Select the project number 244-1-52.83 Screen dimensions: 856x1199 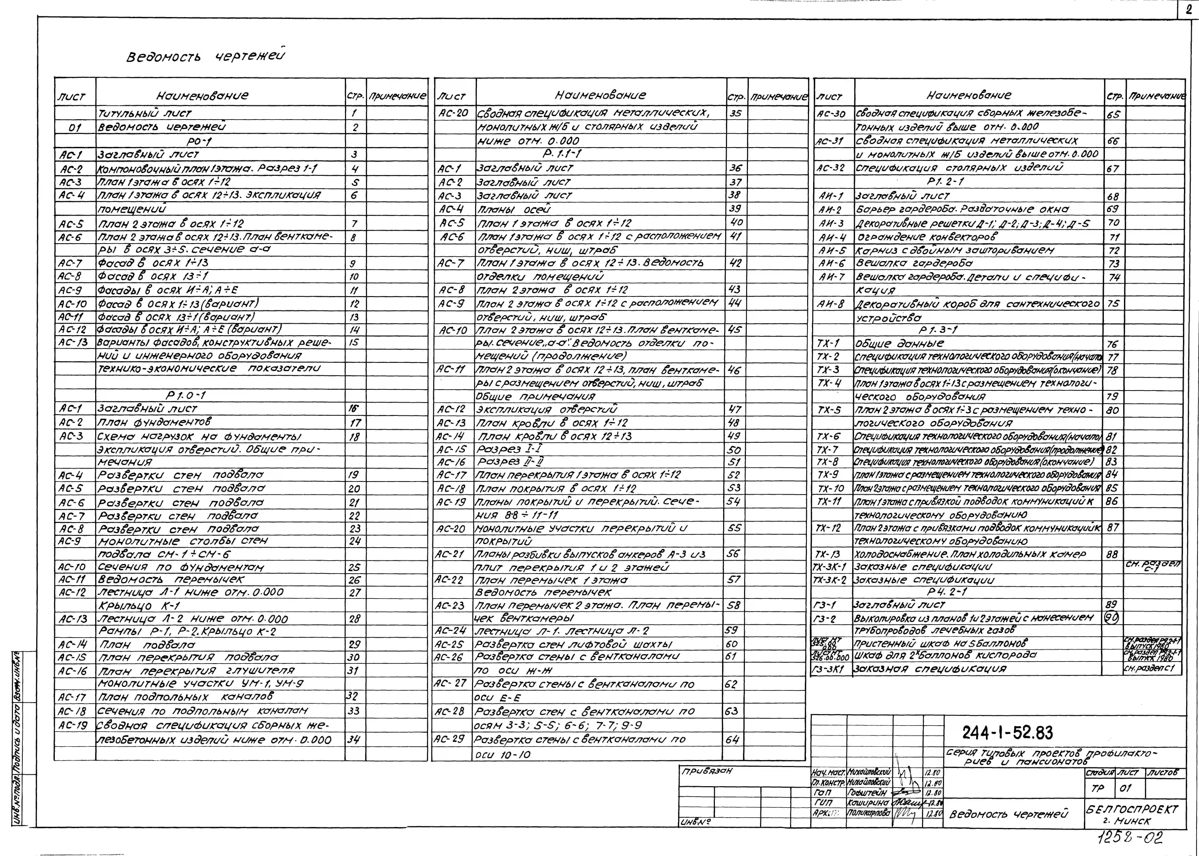tap(1008, 733)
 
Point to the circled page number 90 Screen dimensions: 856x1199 tap(1111, 617)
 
